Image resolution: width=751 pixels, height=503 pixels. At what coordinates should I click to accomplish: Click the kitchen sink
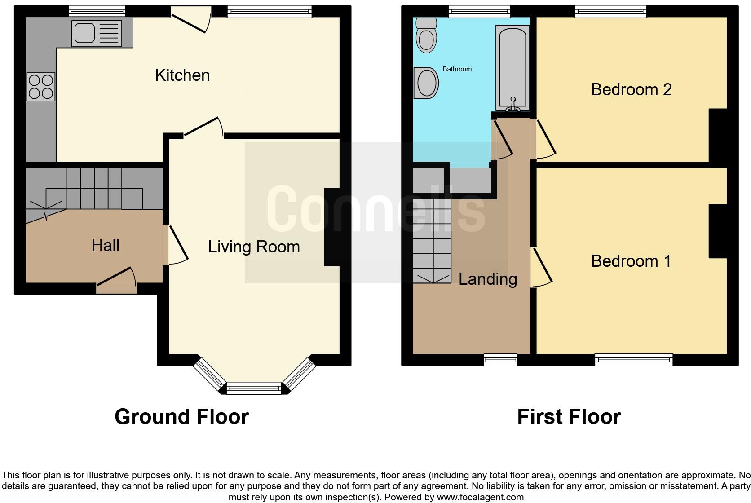[x=97, y=32]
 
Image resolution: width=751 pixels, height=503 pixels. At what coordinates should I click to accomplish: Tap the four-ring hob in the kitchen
[x=41, y=87]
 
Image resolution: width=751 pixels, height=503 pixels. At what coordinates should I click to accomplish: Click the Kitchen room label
[x=182, y=75]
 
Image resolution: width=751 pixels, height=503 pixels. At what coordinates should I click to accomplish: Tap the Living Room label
[x=254, y=247]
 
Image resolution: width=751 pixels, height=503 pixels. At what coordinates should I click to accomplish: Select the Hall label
[x=105, y=245]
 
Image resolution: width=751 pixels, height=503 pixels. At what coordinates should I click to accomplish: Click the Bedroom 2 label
[x=631, y=89]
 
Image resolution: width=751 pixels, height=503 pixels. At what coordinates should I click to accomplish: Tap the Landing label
[x=487, y=279]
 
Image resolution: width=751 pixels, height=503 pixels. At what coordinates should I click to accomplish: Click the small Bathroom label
[x=457, y=69]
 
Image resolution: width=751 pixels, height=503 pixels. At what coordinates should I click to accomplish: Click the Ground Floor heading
[x=181, y=416]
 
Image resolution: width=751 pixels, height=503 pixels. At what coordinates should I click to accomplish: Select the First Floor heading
[x=569, y=416]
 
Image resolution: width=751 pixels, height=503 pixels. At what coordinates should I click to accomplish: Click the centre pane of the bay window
[x=254, y=388]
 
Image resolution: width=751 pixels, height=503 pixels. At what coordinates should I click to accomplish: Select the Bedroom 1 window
[x=633, y=359]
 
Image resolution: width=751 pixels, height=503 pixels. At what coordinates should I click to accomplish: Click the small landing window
[x=500, y=359]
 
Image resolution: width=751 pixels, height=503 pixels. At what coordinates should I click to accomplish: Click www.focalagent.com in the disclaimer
[x=480, y=497]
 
